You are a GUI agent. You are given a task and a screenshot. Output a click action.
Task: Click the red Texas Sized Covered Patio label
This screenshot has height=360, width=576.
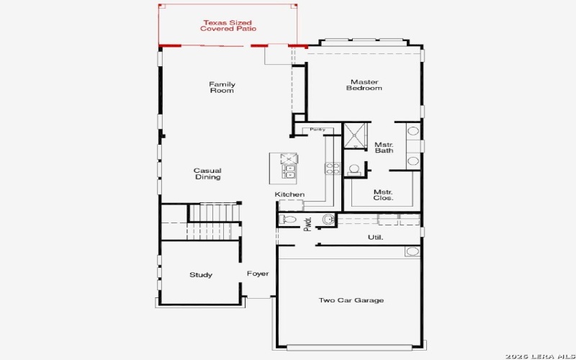pos(228,25)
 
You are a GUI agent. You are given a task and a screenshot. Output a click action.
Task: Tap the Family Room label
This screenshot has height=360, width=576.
pos(222,88)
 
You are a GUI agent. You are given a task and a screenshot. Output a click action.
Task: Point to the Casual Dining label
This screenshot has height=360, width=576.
pos(207,174)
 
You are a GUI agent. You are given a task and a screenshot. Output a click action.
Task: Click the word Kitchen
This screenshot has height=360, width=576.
pos(289,194)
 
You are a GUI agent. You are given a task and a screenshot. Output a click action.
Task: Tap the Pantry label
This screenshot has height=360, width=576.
pos(318,130)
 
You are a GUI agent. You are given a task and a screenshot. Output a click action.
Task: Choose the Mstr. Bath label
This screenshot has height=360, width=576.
pos(383,148)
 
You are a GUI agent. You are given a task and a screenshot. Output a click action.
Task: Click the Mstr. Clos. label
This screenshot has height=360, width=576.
pos(383,194)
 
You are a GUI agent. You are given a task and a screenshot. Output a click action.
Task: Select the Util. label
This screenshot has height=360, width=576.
pos(375,237)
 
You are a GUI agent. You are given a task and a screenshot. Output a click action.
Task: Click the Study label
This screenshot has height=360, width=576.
pos(201,274)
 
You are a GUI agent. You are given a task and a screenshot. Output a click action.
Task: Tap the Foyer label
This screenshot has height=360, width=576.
pos(258,274)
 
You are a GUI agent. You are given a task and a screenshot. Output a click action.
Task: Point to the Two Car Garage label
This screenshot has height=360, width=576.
pos(351,300)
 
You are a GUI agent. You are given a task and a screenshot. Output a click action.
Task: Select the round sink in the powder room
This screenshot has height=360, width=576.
pos(328,220)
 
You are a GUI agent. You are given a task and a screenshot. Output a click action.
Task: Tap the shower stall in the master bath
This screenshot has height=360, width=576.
pos(354,135)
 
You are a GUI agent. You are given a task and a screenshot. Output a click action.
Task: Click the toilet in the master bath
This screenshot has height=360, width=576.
pos(354,170)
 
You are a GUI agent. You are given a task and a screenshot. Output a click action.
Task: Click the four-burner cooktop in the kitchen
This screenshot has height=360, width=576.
pos(333,168)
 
